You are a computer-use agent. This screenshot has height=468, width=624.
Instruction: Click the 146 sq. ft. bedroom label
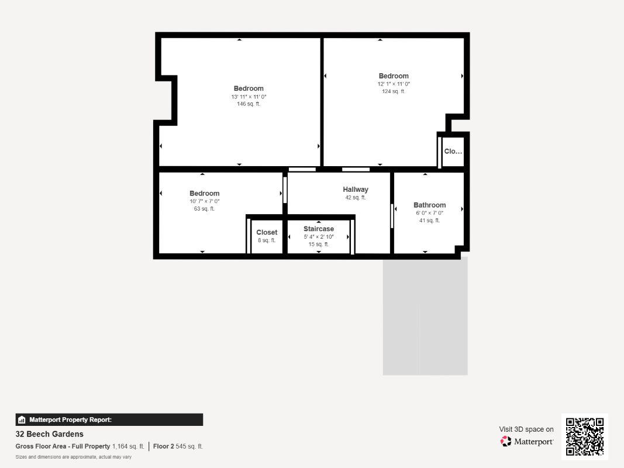pos(249,88)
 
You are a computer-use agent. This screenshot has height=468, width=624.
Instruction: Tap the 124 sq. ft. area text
pos(394,91)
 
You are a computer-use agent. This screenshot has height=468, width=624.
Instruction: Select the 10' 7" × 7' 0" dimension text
pos(204,201)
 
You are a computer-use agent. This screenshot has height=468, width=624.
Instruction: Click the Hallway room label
pos(356,190)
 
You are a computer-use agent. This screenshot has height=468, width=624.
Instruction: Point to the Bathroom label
pos(429,205)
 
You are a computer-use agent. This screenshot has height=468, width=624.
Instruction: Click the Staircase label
pos(319,229)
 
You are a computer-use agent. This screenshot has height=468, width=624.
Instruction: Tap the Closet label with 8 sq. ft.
pos(267,232)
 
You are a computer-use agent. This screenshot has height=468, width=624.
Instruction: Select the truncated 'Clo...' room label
pos(453,152)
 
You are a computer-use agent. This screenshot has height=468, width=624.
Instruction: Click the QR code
pos(585,436)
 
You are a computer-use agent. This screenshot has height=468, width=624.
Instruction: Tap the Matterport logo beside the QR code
pos(527,442)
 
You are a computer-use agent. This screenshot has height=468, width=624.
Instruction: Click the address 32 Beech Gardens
pos(50,434)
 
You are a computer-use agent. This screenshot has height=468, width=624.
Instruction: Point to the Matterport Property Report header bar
pos(109,419)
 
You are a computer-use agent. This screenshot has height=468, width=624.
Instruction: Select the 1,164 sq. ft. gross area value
pos(128,446)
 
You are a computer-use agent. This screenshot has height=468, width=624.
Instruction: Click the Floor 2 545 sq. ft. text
pos(178,446)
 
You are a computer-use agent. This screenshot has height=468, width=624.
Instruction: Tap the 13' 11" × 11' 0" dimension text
pos(249,97)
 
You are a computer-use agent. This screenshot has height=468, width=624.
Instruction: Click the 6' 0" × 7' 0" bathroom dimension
pos(429,213)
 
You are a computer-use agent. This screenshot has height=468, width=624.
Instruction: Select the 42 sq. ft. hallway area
pos(356,198)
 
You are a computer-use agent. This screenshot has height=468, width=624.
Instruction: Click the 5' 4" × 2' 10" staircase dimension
pos(319,237)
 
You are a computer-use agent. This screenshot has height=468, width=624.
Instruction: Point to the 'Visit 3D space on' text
pos(526,429)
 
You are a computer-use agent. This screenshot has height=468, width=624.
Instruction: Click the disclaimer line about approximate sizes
pos(74,457)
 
